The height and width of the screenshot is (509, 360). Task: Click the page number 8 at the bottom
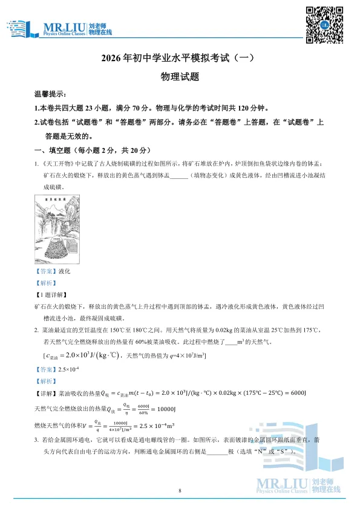tap(180, 490)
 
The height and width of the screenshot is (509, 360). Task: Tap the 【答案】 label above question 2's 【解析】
tap(46, 369)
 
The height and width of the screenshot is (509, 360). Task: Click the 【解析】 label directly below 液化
tap(46, 283)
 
